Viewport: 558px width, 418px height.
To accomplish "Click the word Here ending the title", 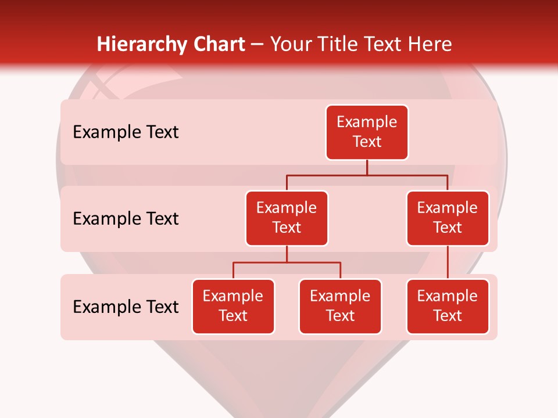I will [431, 44].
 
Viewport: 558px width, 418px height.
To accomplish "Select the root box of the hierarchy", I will [367, 132].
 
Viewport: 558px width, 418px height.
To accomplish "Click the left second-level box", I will [287, 218].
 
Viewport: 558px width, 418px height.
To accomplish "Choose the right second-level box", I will [448, 218].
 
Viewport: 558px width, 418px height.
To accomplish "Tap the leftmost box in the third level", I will [233, 307].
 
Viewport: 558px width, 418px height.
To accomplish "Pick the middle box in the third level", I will [340, 307].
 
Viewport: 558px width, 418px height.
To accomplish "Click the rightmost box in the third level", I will [448, 307].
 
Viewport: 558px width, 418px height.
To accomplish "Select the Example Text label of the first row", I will [126, 132].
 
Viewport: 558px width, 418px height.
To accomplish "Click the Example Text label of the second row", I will [126, 219].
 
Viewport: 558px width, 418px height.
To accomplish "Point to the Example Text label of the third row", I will [126, 307].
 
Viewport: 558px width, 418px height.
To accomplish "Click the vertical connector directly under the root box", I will [367, 167].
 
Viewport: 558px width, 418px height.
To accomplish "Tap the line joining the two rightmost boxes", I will [448, 262].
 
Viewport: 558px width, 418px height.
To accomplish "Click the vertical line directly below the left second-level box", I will [287, 254].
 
